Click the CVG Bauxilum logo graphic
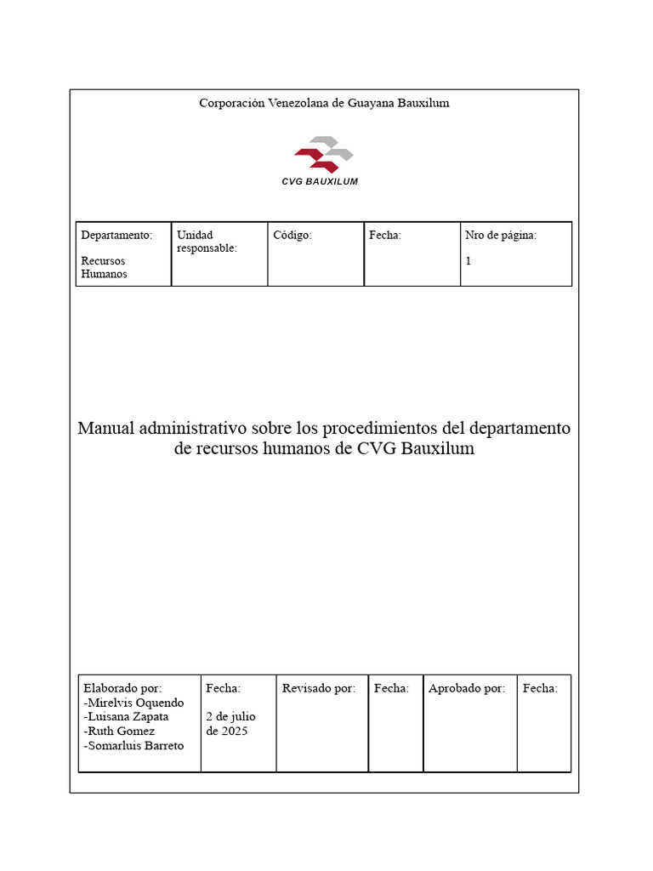tap(324, 155)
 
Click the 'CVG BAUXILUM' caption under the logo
tap(320, 182)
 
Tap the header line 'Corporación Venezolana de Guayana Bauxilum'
tap(324, 103)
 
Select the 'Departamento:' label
tap(116, 235)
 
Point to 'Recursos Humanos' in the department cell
tap(104, 267)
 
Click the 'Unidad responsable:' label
tap(207, 241)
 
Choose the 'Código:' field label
tap(292, 235)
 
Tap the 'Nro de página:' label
tap(501, 235)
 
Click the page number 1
tap(468, 261)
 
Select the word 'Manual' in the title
tap(105, 427)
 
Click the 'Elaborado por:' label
tap(122, 688)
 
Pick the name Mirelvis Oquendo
tap(134, 703)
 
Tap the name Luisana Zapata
tap(127, 716)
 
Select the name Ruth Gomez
tap(119, 731)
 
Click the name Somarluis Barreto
tap(134, 745)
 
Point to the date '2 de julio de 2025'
tap(230, 723)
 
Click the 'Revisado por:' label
tap(319, 688)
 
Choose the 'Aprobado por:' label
tap(467, 688)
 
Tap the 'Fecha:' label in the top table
tap(385, 235)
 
